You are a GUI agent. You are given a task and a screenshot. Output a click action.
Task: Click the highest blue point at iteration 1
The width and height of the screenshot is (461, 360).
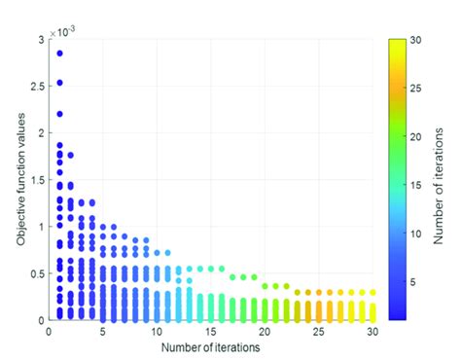(59, 53)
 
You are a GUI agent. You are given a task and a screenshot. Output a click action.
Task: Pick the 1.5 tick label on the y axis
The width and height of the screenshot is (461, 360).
(38, 180)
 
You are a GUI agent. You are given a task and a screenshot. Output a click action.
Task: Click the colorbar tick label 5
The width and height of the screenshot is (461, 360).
(412, 281)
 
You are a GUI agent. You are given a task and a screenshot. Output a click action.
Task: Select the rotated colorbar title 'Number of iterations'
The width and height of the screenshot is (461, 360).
(439, 180)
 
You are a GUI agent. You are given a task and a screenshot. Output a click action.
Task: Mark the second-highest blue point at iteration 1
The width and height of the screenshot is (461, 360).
(59, 83)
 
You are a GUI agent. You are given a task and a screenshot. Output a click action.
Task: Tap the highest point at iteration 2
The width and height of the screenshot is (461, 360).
(70, 155)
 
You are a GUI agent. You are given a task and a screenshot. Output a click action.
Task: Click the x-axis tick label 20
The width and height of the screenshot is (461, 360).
(265, 332)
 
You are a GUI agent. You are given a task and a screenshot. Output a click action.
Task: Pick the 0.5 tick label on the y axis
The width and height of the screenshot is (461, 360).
(38, 273)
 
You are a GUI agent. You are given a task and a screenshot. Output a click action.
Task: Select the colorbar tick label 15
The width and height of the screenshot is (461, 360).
(413, 185)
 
